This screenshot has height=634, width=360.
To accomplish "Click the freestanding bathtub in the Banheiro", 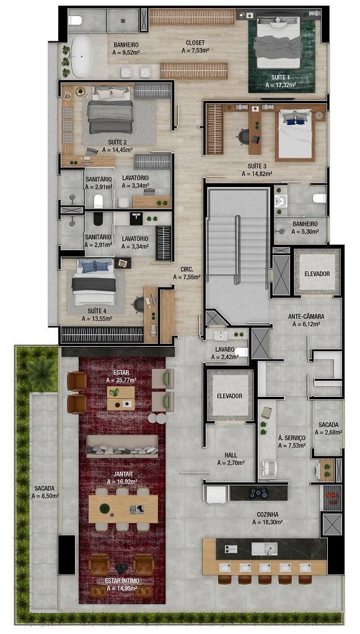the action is tap(81, 56).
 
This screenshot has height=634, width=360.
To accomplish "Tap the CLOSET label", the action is tap(195, 43).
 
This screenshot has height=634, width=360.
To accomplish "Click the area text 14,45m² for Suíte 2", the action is tap(117, 150).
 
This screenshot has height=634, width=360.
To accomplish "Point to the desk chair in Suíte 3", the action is tap(244, 136).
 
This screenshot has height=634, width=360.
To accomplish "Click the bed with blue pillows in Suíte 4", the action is tap(94, 282).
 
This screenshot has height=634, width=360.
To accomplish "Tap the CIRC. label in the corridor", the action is tap(187, 270).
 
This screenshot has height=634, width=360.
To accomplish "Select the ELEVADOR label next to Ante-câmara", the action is tap(317, 274).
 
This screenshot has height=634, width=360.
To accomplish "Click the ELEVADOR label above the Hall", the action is tap(229, 396).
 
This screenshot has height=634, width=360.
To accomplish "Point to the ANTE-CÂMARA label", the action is tap(306, 316).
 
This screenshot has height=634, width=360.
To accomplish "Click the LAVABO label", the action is tap(225, 349).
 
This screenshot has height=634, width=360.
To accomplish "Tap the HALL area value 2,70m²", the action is tap(230, 463).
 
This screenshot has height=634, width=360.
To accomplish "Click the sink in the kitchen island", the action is tap(265, 549).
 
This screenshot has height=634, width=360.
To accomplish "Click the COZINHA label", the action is tap(268, 515).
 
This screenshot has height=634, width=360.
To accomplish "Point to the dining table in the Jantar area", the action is tap(123, 509).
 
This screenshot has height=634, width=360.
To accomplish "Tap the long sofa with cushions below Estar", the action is tap(122, 446).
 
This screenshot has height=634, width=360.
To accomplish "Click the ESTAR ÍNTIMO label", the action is tap(121, 581).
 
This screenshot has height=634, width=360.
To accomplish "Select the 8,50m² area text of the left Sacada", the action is tap(45, 496).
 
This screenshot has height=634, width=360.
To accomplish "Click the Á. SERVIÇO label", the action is tap(292, 438).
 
